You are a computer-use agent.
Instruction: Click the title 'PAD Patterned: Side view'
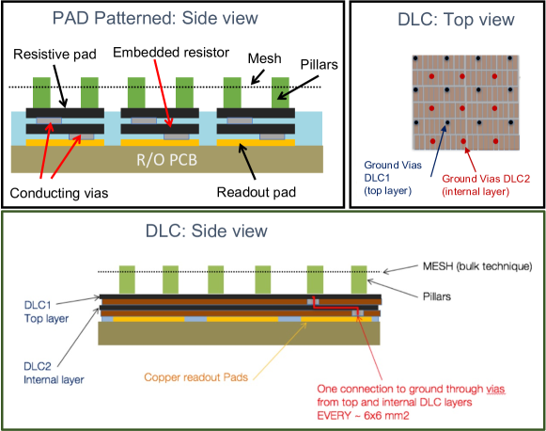point(155,18)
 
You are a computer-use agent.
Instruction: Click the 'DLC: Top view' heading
point(456,19)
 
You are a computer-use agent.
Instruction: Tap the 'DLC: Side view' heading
point(207,231)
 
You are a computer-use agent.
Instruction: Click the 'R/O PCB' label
point(166,160)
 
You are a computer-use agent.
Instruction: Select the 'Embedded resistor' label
point(171,53)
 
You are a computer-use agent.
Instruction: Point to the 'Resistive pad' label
point(55,54)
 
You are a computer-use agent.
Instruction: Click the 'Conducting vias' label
point(59,193)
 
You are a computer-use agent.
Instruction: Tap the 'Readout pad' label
point(257,192)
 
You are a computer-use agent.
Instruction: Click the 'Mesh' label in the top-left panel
point(264,58)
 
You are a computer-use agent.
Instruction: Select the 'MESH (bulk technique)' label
point(477,266)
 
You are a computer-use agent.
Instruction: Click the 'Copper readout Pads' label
point(196,377)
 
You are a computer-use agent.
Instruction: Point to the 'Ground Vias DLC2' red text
point(486,179)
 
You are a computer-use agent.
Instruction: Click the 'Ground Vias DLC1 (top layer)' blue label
point(393,178)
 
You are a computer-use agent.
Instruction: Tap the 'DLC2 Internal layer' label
point(54,373)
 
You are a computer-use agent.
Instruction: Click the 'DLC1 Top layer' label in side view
point(46,311)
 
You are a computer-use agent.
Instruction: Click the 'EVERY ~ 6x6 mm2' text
point(363,416)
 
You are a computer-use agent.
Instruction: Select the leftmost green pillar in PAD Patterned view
point(41,93)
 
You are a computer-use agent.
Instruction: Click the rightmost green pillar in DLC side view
point(359,279)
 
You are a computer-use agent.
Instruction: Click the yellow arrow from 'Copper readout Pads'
point(280,351)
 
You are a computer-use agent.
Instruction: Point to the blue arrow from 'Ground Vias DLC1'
point(439,151)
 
